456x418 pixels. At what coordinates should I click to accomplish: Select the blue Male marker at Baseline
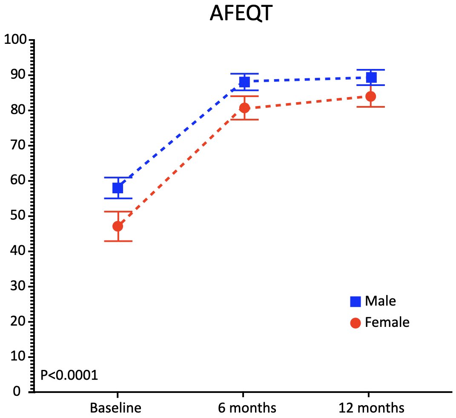[x=118, y=188]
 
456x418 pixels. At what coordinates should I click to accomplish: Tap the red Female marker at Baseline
[x=118, y=226]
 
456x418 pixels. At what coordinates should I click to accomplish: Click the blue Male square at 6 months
[x=244, y=81]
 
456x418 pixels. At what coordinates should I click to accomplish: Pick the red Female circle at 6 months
[x=244, y=108]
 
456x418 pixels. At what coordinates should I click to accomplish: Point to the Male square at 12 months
[x=371, y=77]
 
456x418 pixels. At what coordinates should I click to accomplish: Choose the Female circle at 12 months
[x=370, y=96]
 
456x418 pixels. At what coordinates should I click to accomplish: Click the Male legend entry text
[x=381, y=301]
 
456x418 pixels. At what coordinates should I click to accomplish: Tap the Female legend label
[x=387, y=323]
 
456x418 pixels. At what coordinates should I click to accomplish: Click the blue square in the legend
[x=355, y=302]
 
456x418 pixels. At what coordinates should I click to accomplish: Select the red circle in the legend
[x=355, y=323]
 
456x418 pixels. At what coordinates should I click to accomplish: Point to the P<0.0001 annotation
[x=69, y=375]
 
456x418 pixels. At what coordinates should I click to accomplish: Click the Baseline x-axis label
[x=115, y=408]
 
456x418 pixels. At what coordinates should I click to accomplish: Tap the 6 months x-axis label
[x=247, y=408]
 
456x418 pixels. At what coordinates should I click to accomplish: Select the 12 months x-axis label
[x=371, y=408]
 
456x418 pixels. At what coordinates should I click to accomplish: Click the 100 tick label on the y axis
[x=15, y=40]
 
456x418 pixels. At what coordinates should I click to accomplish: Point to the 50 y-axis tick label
[x=18, y=216]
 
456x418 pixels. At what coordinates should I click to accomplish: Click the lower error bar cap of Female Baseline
[x=118, y=241]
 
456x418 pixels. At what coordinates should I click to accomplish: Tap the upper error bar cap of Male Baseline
[x=118, y=178]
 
